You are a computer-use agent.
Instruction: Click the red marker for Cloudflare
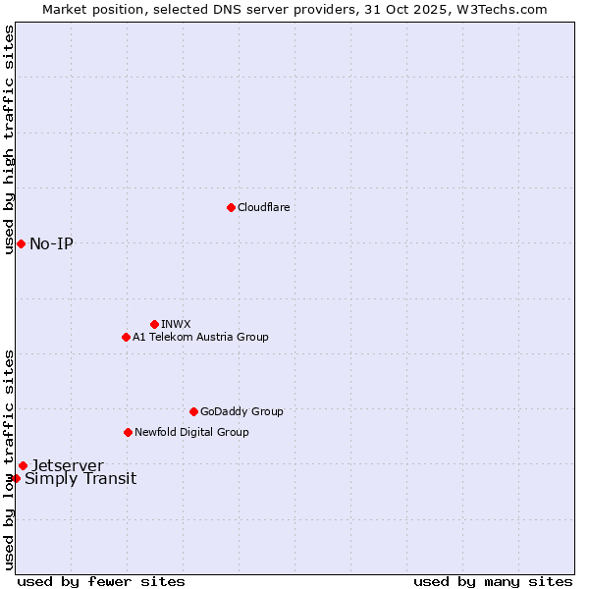point(231,207)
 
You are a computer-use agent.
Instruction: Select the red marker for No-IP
point(21,243)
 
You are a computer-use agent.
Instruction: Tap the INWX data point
point(154,324)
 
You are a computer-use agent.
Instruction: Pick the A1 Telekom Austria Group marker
point(126,337)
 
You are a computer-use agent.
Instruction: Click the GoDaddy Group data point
point(193,411)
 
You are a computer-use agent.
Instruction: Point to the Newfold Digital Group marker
point(128,432)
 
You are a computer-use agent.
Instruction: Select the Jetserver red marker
point(23,465)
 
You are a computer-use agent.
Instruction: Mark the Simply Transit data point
point(16,478)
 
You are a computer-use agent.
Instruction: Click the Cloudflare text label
point(263,207)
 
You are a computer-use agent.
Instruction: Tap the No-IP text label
point(51,243)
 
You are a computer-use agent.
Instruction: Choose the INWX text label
point(176,324)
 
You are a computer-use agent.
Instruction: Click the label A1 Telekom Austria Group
point(200,337)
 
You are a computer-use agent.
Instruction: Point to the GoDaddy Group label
point(241,411)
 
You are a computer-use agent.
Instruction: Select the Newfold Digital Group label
point(191,432)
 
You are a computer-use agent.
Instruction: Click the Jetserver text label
point(67,465)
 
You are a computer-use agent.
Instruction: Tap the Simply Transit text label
point(80,479)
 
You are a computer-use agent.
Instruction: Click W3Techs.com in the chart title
point(500,9)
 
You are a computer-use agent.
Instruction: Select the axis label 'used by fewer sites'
point(101,581)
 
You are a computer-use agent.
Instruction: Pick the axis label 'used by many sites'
point(493,581)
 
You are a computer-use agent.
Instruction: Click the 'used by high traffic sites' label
point(9,139)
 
